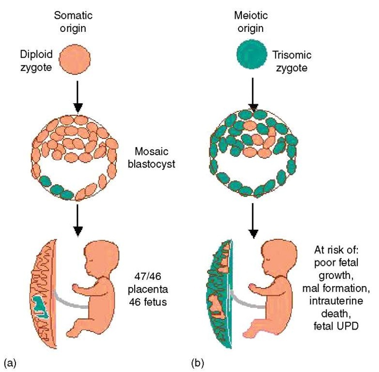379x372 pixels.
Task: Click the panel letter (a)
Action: tap(10, 361)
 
